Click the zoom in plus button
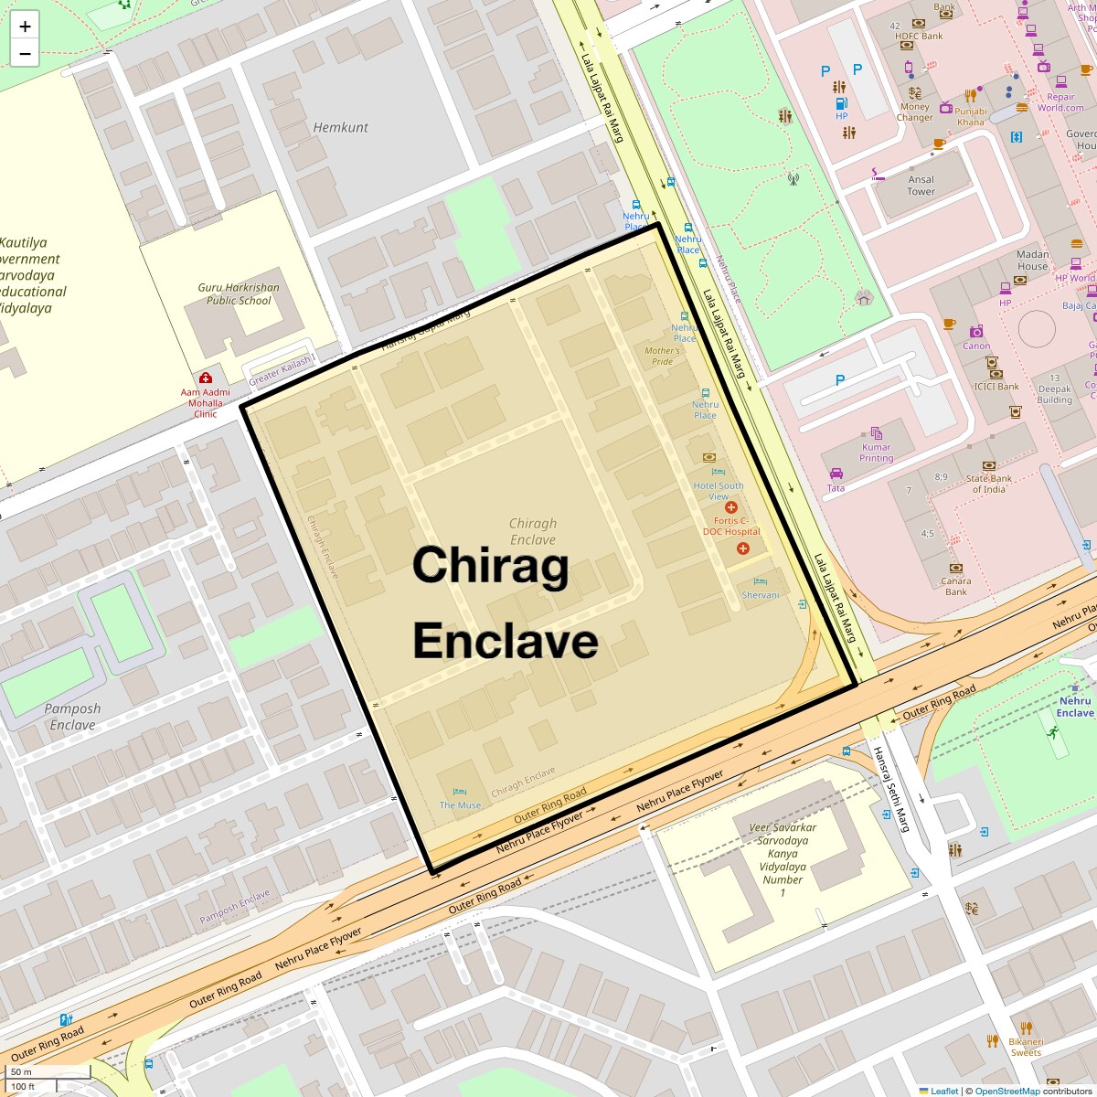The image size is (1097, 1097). click(x=25, y=27)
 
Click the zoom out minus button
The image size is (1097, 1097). click(x=25, y=54)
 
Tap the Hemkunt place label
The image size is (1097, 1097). click(x=340, y=128)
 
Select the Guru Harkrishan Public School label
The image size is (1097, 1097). click(x=239, y=293)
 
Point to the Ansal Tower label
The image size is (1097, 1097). click(x=921, y=186)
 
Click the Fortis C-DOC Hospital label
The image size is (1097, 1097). click(x=731, y=526)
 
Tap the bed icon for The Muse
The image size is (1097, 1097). click(x=459, y=792)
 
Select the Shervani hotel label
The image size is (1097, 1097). click(x=761, y=595)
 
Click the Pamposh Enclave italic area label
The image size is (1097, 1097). click(x=72, y=717)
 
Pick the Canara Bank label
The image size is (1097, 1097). click(x=955, y=586)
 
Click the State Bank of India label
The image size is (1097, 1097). click(x=988, y=484)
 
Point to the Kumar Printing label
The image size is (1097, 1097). click(x=876, y=453)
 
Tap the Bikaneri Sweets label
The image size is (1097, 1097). click(x=1026, y=1047)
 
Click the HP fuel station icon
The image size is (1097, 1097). click(x=841, y=102)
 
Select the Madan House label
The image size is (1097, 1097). click(x=1032, y=261)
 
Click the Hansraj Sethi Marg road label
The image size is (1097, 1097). click(x=890, y=789)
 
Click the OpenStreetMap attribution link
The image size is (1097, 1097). click(x=1006, y=1091)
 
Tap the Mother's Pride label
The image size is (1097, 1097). click(x=662, y=356)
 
